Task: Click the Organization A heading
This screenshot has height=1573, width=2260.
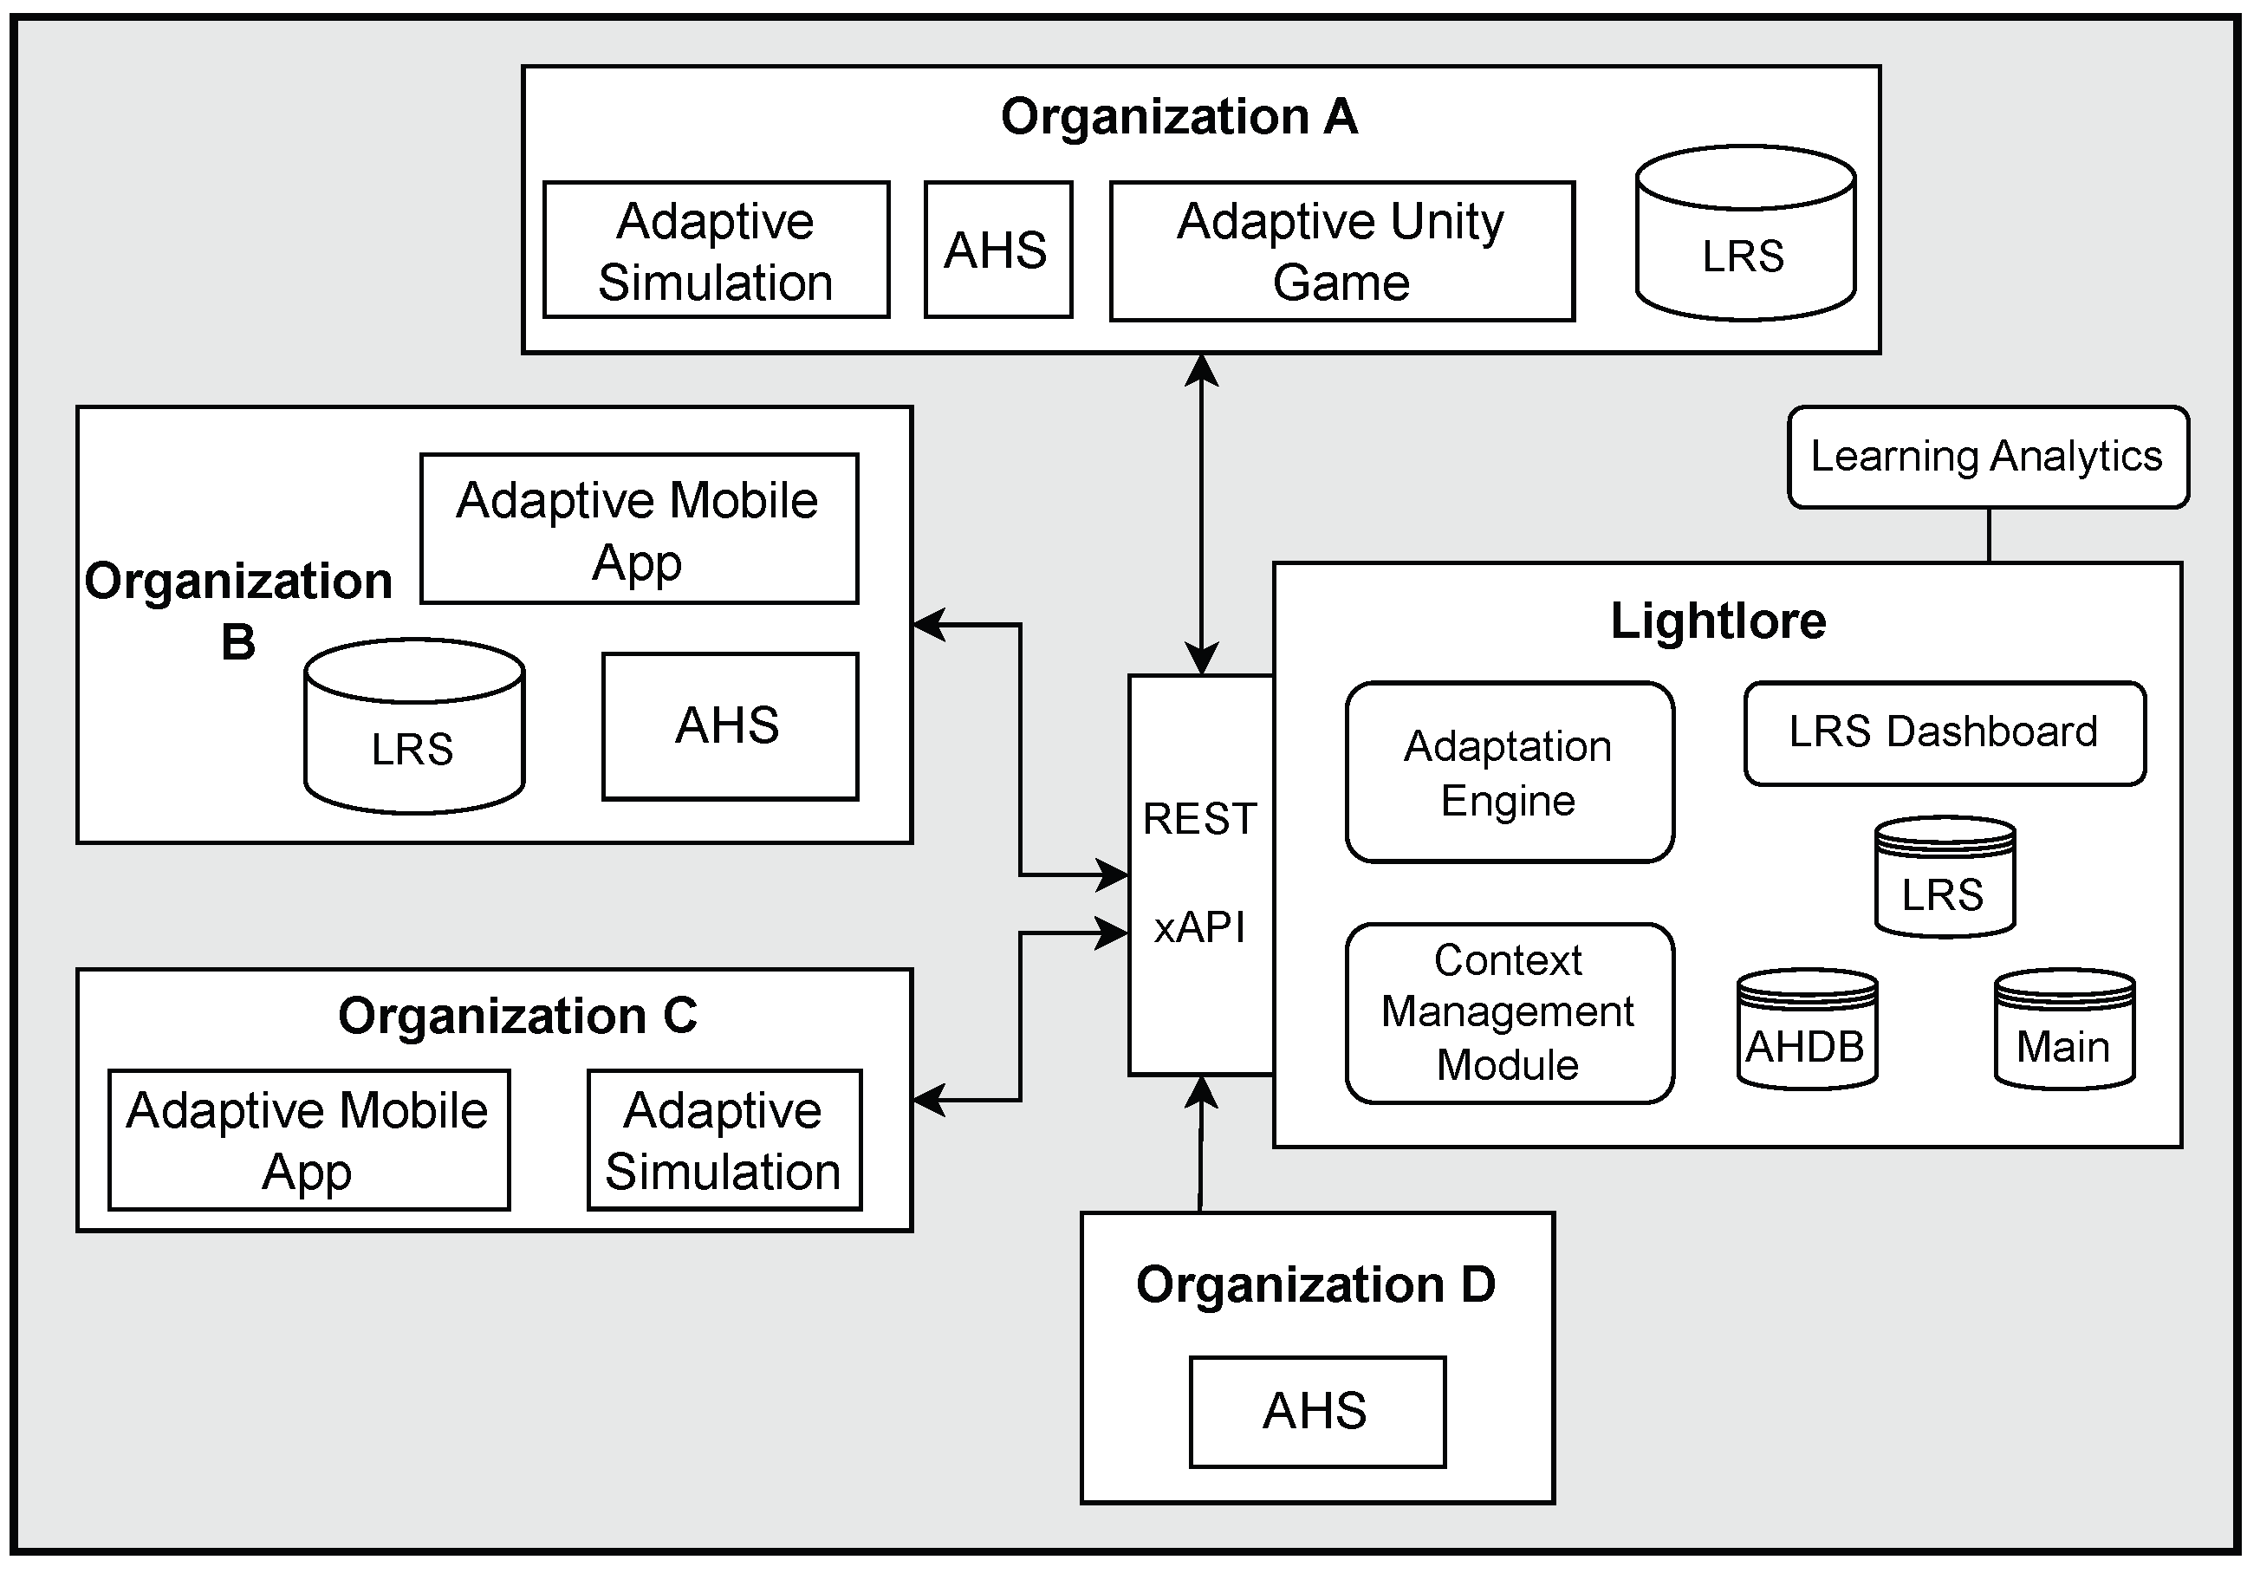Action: click(x=1179, y=117)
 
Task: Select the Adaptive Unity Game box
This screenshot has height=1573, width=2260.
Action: click(x=1341, y=251)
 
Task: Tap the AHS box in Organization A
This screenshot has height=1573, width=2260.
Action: click(x=997, y=250)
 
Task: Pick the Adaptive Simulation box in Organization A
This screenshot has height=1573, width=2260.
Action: click(x=716, y=250)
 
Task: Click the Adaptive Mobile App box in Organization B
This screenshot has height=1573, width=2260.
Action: click(x=638, y=530)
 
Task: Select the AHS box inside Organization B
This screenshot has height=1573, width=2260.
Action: click(x=729, y=726)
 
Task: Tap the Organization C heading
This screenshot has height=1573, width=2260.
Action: click(x=516, y=1016)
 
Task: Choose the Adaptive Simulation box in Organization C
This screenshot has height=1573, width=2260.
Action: click(x=724, y=1140)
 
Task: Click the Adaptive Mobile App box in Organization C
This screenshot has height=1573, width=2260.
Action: click(x=308, y=1140)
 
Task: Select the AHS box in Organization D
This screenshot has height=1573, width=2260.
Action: click(x=1316, y=1412)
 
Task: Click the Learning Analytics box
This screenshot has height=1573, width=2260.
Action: click(x=1986, y=457)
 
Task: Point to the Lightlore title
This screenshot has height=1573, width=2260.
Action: click(x=1718, y=621)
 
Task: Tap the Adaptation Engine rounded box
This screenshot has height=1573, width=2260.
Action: click(x=1508, y=773)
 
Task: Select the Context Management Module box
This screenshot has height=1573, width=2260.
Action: click(x=1508, y=1013)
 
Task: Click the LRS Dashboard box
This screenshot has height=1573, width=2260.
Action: click(x=1943, y=732)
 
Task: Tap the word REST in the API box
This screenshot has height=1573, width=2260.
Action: click(x=1199, y=819)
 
